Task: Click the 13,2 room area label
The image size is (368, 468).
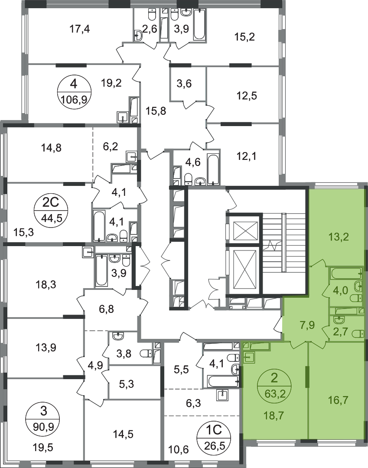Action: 339,237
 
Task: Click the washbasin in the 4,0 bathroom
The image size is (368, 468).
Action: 358,286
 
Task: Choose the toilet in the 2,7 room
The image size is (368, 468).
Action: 357,333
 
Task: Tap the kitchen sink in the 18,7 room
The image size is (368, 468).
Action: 249,357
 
